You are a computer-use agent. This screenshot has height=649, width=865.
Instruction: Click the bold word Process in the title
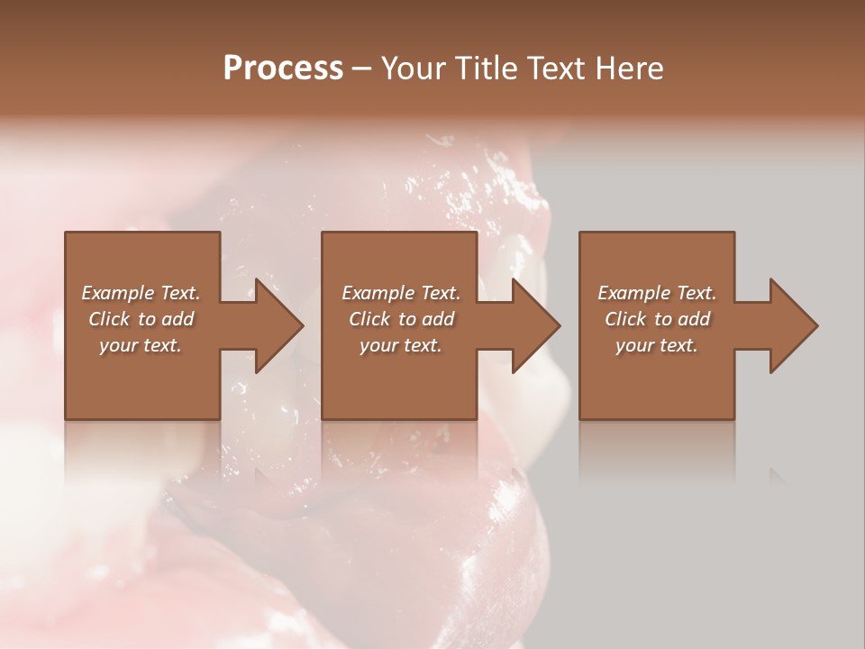click(283, 69)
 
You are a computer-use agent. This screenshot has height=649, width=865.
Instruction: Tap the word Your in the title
click(415, 69)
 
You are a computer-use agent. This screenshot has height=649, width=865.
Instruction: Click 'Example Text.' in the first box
click(141, 293)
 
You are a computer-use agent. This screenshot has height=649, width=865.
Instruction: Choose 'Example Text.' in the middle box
click(400, 293)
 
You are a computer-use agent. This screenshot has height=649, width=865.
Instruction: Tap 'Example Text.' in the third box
click(657, 293)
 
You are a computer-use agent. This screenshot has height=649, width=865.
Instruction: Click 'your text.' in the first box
click(141, 345)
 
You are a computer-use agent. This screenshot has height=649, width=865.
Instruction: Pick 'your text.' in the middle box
click(400, 345)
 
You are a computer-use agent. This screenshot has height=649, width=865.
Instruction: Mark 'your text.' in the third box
click(657, 345)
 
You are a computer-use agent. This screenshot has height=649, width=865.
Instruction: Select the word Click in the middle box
click(369, 319)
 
